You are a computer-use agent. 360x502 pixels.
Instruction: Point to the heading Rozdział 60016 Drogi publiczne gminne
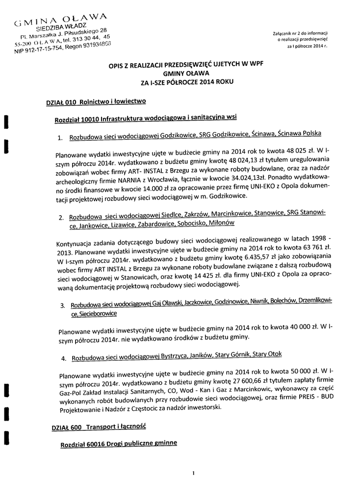(118, 443)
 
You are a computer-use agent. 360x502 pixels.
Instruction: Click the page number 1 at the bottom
(194, 473)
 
